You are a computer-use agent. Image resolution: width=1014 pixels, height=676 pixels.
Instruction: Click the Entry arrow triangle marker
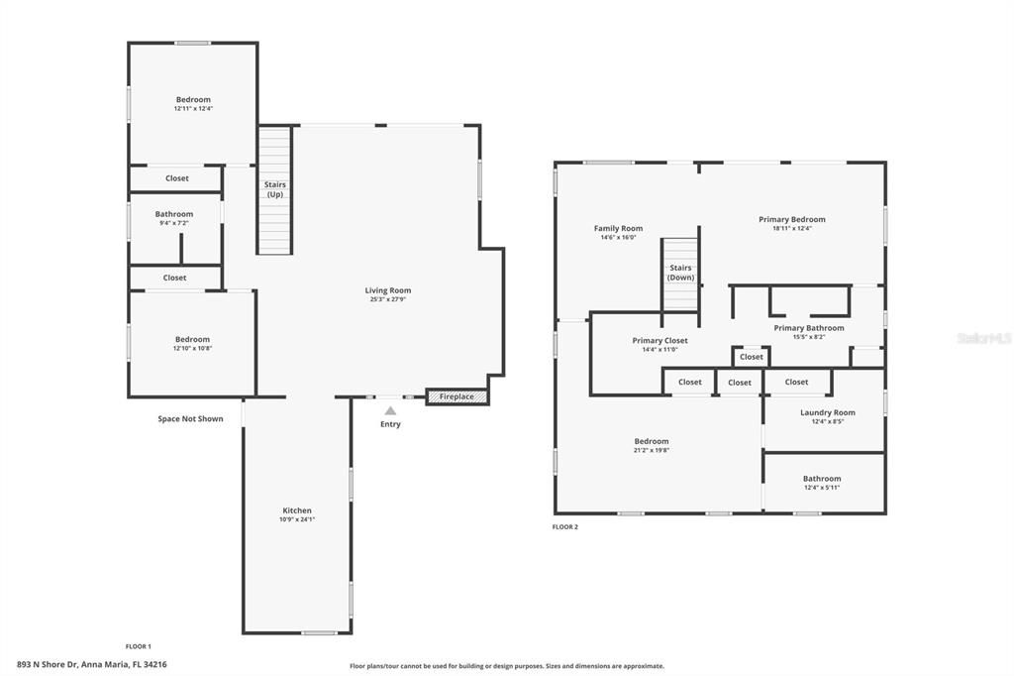tap(390, 410)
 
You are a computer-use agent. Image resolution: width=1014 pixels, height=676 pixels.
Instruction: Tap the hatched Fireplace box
tap(456, 396)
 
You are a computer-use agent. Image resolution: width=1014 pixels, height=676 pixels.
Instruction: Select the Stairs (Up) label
tap(274, 189)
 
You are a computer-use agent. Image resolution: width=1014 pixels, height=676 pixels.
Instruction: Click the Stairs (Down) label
tap(680, 273)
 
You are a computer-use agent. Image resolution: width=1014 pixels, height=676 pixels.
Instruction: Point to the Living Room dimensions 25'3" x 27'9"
tap(387, 299)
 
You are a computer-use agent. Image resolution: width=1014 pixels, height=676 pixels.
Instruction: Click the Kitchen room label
tap(297, 510)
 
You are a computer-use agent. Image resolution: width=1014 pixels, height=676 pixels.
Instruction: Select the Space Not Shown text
tap(190, 418)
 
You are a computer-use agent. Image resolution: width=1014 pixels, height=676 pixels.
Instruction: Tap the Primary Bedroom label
tap(791, 219)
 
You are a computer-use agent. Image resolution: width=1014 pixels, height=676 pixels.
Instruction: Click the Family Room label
tap(618, 228)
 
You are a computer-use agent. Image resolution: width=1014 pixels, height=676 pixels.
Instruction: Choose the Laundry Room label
tap(827, 412)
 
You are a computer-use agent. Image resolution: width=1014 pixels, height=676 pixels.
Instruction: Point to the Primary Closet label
tap(659, 340)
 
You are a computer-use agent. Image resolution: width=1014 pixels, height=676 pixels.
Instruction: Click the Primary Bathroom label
tap(809, 328)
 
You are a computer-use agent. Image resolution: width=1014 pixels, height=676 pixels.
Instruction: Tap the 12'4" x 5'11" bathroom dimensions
tap(822, 487)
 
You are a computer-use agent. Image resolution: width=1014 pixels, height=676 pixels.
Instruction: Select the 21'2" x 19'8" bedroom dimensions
tap(651, 450)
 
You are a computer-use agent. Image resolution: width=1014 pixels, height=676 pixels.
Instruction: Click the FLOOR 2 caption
tap(565, 527)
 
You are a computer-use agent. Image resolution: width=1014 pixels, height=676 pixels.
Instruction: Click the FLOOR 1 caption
tap(138, 646)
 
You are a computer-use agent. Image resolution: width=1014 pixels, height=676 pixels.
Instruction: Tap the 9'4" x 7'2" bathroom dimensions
tap(173, 223)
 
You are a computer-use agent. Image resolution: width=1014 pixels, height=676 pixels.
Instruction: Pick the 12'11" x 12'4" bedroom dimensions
tap(193, 108)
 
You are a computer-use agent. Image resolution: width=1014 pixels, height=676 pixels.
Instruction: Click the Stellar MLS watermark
tap(983, 338)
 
